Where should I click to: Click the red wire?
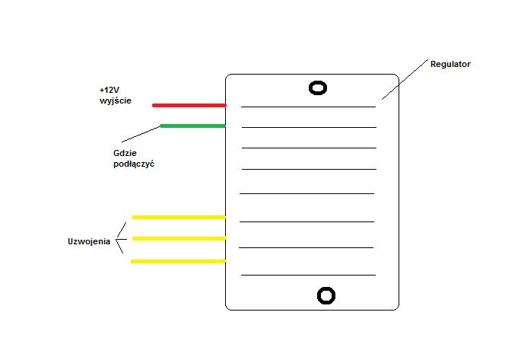click(x=189, y=105)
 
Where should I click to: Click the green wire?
click(x=193, y=126)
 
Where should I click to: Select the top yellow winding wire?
click(x=179, y=217)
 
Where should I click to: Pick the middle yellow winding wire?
click(x=179, y=238)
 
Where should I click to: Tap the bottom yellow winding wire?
click(x=179, y=261)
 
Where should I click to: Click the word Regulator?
click(x=450, y=64)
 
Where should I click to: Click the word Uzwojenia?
click(x=89, y=241)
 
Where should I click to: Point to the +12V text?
click(x=110, y=90)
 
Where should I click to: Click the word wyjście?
click(x=116, y=101)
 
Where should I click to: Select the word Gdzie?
click(x=125, y=153)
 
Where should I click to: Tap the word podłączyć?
click(x=134, y=164)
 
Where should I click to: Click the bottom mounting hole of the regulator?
click(x=326, y=288)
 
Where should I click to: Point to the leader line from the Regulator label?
click(x=405, y=79)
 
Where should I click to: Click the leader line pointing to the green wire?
click(x=141, y=134)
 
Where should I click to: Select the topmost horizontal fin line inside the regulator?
click(x=308, y=107)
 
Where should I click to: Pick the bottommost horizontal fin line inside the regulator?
click(x=308, y=275)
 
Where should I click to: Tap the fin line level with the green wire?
click(x=309, y=127)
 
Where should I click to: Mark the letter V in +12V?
click(x=116, y=90)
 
